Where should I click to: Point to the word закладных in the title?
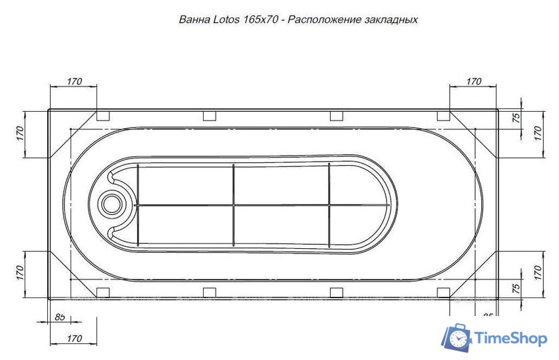click(x=392, y=19)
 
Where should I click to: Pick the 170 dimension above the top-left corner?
click(x=74, y=81)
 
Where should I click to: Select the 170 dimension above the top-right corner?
click(x=472, y=81)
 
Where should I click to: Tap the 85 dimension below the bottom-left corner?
click(x=60, y=317)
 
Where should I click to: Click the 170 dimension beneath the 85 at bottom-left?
click(x=74, y=338)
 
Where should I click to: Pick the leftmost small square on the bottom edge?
click(x=103, y=292)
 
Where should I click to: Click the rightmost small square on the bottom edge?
click(x=443, y=292)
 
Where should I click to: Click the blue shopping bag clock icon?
click(x=457, y=338)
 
